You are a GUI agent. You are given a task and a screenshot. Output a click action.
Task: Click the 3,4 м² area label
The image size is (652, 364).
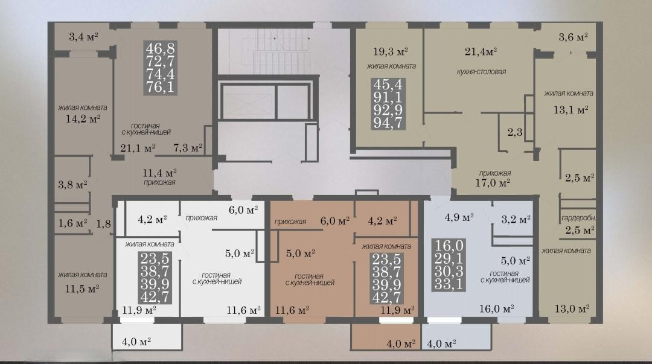click(83, 37)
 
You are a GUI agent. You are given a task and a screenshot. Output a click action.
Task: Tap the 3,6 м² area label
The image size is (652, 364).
click(573, 37)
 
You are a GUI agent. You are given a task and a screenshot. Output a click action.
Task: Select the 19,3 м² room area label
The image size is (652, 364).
click(391, 51)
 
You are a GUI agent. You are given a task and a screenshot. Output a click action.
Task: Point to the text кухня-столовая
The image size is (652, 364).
click(481, 72)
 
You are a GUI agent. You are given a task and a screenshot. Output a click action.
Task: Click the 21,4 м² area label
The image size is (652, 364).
click(481, 51)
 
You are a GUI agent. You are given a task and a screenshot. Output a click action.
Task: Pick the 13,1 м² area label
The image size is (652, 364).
click(570, 110)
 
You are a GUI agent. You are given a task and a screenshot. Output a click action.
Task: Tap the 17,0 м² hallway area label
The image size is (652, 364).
click(493, 182)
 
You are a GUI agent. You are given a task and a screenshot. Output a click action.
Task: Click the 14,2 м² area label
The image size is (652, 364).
click(83, 119)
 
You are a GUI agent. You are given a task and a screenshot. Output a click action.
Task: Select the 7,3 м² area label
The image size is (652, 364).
click(188, 147)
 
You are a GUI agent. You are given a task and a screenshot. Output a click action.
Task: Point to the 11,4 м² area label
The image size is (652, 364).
click(159, 173)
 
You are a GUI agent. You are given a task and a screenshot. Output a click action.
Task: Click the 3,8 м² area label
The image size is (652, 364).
click(72, 184)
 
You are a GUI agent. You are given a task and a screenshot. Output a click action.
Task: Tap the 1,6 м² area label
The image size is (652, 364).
click(72, 223)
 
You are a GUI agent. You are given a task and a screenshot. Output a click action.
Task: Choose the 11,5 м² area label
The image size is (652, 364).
click(82, 288)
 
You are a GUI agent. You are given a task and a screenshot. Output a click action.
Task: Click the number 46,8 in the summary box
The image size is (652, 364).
click(161, 48)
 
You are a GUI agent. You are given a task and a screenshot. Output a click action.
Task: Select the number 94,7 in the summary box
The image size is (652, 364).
click(388, 123)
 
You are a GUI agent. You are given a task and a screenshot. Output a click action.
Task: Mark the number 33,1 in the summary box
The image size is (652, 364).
click(449, 284)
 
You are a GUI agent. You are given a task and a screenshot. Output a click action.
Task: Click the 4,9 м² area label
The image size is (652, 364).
click(459, 217)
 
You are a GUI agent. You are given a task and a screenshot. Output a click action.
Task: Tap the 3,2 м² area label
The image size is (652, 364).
click(516, 219)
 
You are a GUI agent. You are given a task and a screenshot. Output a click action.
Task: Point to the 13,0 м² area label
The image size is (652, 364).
click(572, 308)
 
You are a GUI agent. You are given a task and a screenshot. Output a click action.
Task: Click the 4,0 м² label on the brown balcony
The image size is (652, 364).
click(401, 343)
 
